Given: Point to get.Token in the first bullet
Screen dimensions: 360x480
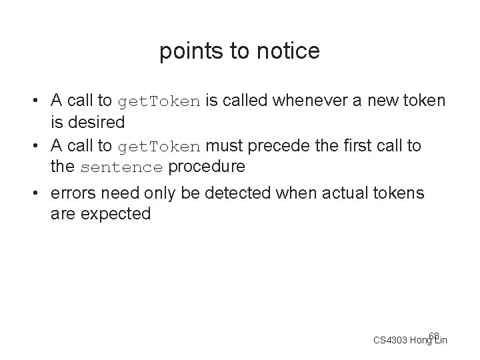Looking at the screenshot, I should tap(158, 102).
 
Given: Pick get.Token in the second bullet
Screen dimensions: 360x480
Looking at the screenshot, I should tap(158, 147).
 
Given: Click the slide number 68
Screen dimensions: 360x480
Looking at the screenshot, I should tap(434, 335).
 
